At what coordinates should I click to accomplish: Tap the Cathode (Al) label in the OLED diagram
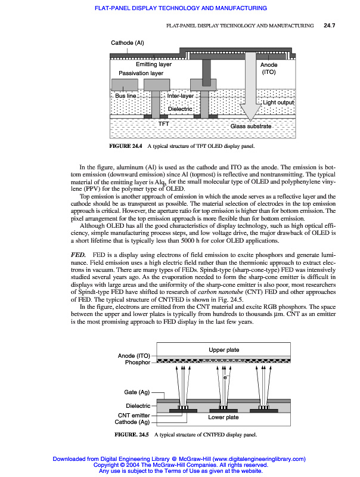click(x=128, y=43)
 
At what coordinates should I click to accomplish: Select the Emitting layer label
click(x=154, y=64)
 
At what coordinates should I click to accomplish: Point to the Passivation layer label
click(x=141, y=73)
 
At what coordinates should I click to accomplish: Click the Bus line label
click(x=126, y=95)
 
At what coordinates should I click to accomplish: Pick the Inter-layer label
click(x=181, y=95)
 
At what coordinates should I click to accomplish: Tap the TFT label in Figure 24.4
click(x=164, y=123)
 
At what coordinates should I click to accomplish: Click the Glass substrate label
click(x=250, y=126)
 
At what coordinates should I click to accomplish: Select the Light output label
click(x=279, y=103)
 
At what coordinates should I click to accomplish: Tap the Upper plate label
click(x=224, y=349)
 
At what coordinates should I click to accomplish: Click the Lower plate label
click(x=224, y=417)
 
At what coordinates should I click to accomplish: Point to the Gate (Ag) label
click(x=136, y=392)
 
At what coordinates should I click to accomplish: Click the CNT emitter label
click(x=133, y=414)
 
